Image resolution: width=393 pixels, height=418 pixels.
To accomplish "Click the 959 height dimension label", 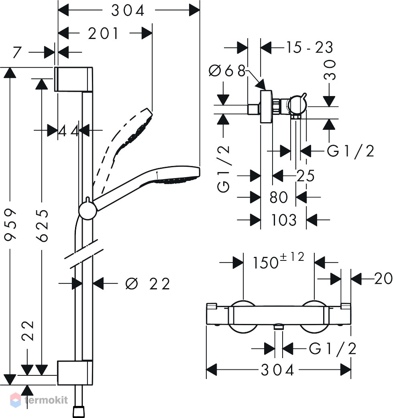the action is [11, 225].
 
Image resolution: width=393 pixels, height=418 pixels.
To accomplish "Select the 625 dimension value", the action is [42, 225].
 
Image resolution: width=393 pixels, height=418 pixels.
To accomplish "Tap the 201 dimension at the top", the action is [103, 34].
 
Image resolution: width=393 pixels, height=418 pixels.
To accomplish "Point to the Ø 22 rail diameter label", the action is [147, 284].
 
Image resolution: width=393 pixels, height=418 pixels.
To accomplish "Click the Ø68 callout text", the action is [227, 71].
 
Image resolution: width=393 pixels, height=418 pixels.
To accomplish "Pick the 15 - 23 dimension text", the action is [310, 47].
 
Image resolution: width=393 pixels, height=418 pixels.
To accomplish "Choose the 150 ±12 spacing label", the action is [278, 260].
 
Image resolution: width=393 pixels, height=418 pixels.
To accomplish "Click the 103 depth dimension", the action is [283, 220].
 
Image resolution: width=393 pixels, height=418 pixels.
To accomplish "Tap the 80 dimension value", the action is [279, 197].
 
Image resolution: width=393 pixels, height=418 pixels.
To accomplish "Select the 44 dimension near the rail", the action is [68, 131].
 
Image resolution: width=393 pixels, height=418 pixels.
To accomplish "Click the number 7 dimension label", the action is [17, 52].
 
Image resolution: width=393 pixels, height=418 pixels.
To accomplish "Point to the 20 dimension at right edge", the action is [383, 278].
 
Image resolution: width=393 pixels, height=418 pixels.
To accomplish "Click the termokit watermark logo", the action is [39, 400].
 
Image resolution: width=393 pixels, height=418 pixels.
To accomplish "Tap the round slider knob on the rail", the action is [88, 211].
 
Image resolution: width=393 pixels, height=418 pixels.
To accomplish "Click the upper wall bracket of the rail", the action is [74, 79].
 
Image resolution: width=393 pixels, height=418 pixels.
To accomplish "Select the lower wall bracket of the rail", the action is [75, 373].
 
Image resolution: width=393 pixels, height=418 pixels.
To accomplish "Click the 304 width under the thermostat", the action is [277, 370].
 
